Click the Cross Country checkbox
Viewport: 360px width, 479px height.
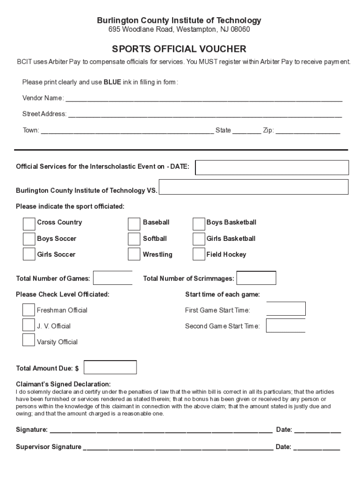point(29,224)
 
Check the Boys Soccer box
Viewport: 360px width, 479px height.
point(29,239)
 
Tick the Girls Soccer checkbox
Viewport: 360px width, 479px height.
point(29,254)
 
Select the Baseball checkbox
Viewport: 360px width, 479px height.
point(134,224)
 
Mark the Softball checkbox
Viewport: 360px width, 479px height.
point(134,239)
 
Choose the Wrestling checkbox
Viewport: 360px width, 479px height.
point(134,254)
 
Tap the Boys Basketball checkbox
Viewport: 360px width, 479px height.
point(199,224)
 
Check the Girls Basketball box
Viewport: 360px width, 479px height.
point(199,239)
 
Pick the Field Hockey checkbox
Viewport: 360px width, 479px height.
point(199,254)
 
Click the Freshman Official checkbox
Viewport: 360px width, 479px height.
point(29,310)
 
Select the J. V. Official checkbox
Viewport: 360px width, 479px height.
point(29,325)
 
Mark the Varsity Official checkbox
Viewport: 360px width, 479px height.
point(29,340)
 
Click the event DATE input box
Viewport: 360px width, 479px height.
point(272,167)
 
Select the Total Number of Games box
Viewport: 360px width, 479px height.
point(113,278)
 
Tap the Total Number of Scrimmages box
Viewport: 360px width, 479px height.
point(256,278)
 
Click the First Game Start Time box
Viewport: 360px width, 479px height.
point(286,309)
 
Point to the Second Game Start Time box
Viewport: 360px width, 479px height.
point(286,325)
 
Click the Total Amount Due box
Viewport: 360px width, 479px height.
point(110,367)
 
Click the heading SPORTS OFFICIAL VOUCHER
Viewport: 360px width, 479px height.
point(179,49)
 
